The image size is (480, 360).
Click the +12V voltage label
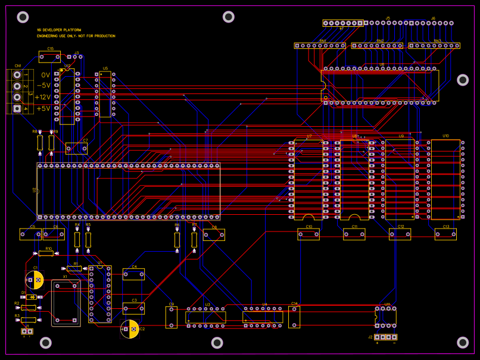tap(43, 97)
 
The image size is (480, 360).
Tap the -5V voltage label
tap(43, 86)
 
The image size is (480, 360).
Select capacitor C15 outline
tap(50, 57)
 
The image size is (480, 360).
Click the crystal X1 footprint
tap(66, 303)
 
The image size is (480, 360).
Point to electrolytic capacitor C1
tap(35, 280)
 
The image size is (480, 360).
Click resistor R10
tap(46, 253)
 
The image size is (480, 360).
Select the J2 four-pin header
tap(386, 337)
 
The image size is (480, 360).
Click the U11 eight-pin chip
tap(385, 317)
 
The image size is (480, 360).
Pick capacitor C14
tap(294, 317)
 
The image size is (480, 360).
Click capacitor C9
tap(171, 317)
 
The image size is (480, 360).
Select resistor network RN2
tap(377, 45)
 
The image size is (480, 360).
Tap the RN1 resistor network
tap(320, 45)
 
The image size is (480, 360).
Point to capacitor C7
tap(76, 148)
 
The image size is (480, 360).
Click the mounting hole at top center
tap(228, 17)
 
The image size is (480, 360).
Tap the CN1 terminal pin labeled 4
tap(18, 109)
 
